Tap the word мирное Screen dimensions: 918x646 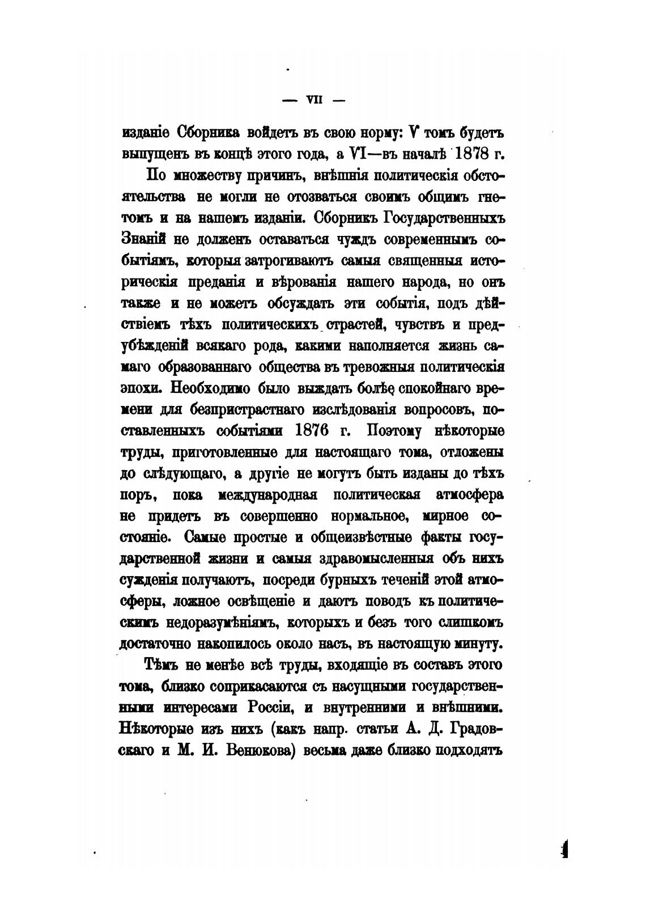[445, 517]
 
